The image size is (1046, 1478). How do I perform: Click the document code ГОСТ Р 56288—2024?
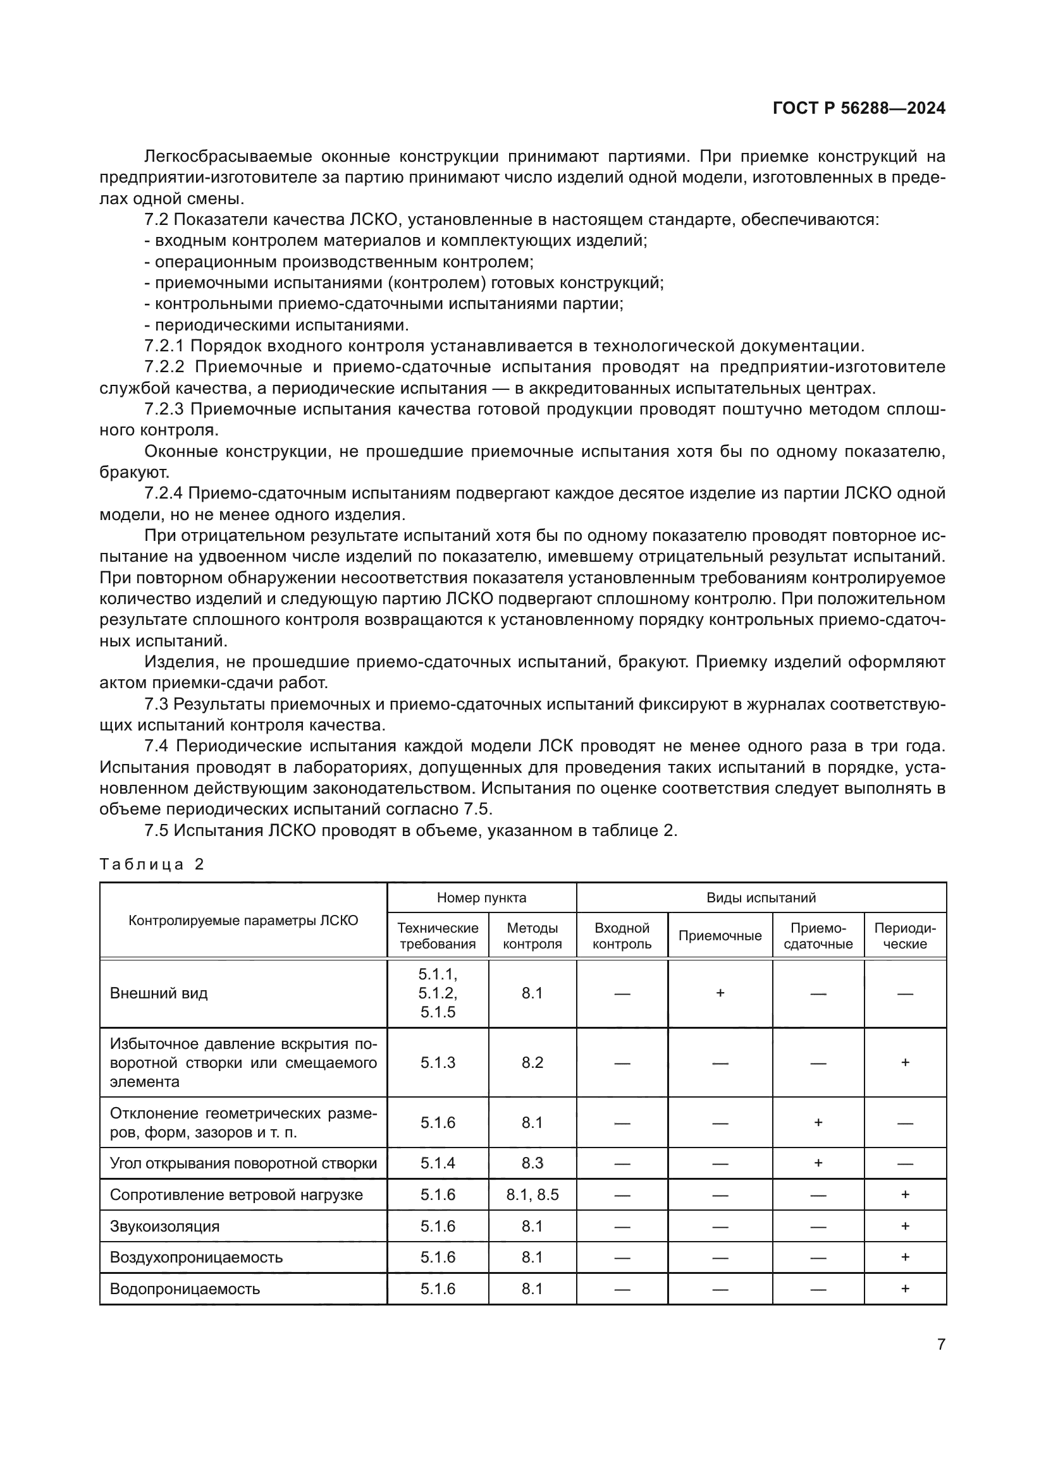pos(859,108)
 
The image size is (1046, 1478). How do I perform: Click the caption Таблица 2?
pos(151,864)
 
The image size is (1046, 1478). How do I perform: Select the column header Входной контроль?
pos(622,936)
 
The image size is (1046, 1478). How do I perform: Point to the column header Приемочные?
pos(720,936)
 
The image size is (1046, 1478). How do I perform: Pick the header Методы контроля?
pos(532,936)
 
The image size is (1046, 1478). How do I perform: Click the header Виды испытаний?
pos(761,897)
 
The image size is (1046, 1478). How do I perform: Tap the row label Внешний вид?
pos(159,993)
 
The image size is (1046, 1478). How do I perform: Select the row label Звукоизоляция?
pos(164,1227)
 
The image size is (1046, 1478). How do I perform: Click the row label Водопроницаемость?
pos(185,1288)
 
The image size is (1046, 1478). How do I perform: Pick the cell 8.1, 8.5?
pos(532,1195)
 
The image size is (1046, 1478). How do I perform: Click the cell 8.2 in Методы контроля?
pos(532,1062)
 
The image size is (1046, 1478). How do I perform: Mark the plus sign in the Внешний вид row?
pos(720,993)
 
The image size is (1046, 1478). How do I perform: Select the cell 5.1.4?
pos(438,1163)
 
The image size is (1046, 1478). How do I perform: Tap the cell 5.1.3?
pos(438,1062)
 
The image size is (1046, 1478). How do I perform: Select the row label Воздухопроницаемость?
pos(196,1257)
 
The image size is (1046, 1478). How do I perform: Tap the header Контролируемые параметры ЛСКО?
pos(243,921)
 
